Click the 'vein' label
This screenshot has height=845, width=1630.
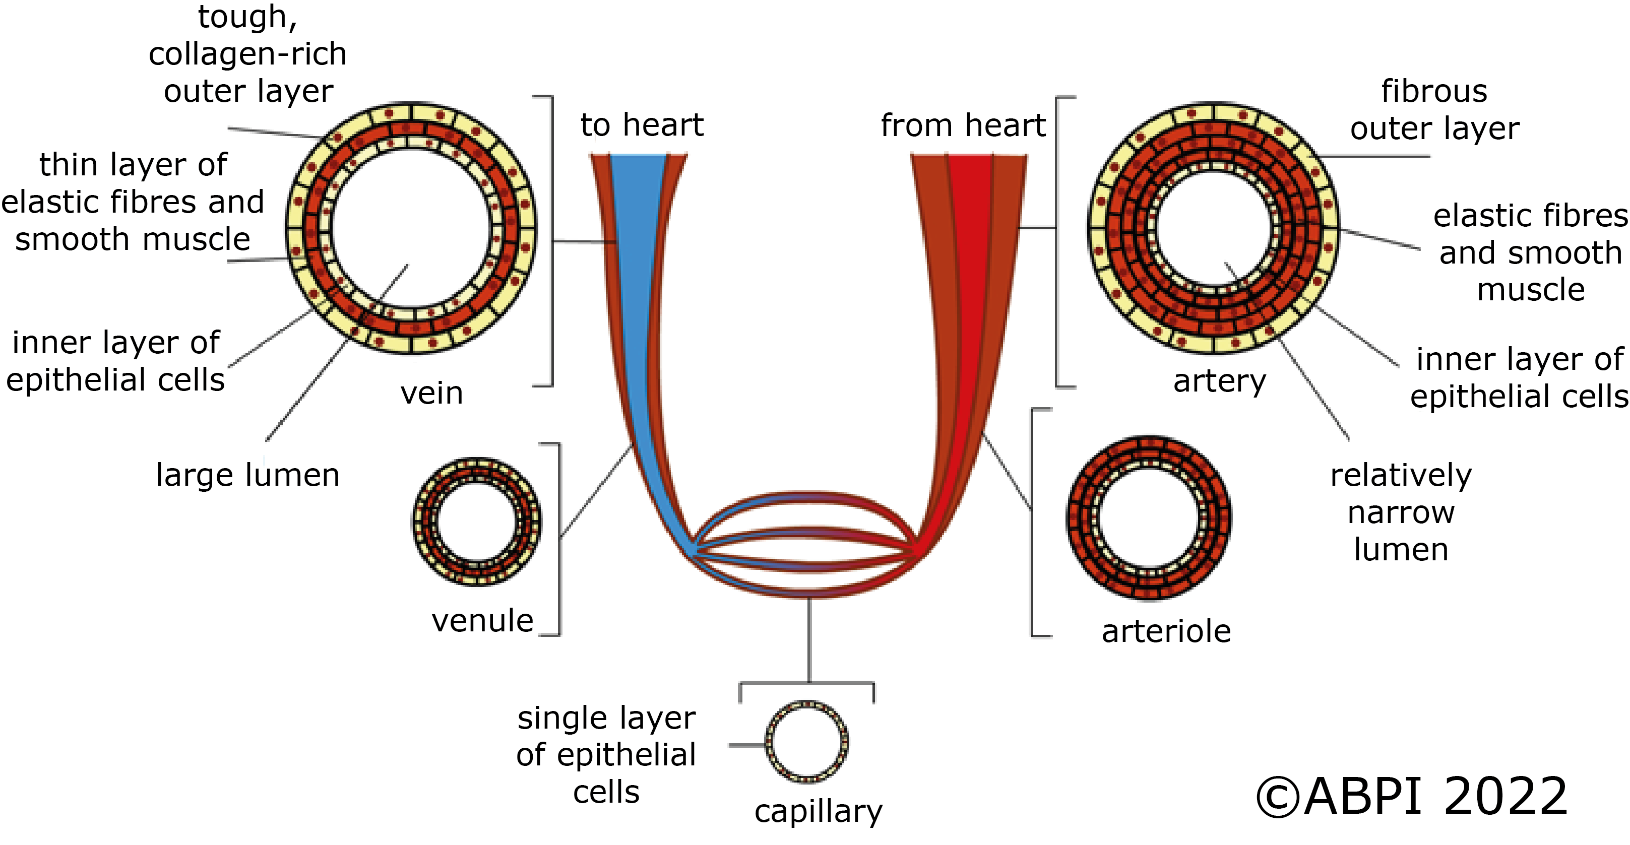(x=431, y=394)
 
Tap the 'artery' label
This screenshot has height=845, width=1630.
(x=1219, y=381)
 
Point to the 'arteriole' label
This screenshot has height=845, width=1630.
(x=1166, y=631)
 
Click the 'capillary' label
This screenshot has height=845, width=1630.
(x=818, y=811)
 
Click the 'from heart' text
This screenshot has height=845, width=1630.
(x=963, y=125)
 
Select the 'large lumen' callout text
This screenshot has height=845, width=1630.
(x=247, y=475)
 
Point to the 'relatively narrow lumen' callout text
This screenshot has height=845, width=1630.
(x=1401, y=512)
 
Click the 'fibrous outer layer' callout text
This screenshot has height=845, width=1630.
(x=1434, y=110)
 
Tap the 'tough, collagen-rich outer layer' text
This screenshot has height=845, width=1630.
(x=247, y=54)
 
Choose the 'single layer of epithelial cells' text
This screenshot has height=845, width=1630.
(x=606, y=755)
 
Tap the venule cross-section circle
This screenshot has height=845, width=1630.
(x=476, y=523)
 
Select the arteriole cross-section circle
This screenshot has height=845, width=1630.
(x=1149, y=518)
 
